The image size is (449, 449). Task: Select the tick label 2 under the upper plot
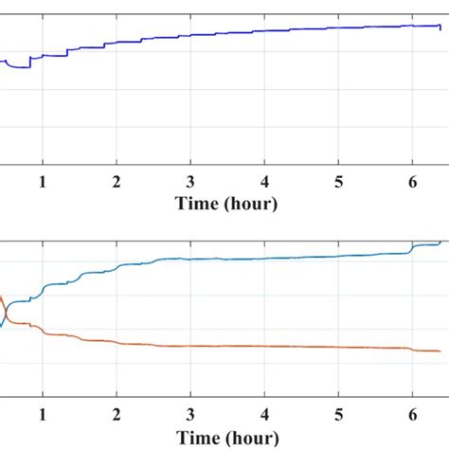pyautogui.click(x=117, y=181)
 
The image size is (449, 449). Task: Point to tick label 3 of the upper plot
pyautogui.click(x=190, y=181)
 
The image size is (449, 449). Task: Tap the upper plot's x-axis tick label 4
pyautogui.click(x=265, y=181)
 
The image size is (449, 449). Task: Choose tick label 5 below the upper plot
pyautogui.click(x=339, y=181)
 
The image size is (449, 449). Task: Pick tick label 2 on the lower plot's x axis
pyautogui.click(x=117, y=414)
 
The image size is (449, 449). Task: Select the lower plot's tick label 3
pyautogui.click(x=190, y=414)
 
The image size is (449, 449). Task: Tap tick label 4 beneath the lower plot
pyautogui.click(x=265, y=414)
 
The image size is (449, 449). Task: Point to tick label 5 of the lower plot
pyautogui.click(x=339, y=414)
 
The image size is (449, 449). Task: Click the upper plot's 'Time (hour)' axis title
pyautogui.click(x=227, y=203)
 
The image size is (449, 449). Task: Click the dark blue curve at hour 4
pyautogui.click(x=265, y=31)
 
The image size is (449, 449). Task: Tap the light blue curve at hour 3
pyautogui.click(x=190, y=259)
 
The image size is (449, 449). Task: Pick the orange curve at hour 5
pyautogui.click(x=339, y=348)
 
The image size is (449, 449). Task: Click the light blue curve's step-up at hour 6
pyautogui.click(x=411, y=248)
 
